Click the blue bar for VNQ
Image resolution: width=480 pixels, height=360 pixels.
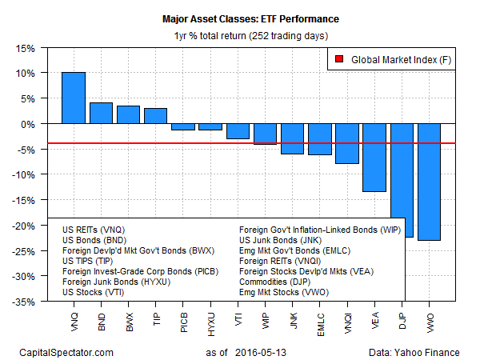(x=74, y=98)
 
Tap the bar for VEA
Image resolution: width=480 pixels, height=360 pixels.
(x=374, y=158)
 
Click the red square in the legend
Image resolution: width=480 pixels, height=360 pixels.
(x=339, y=59)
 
